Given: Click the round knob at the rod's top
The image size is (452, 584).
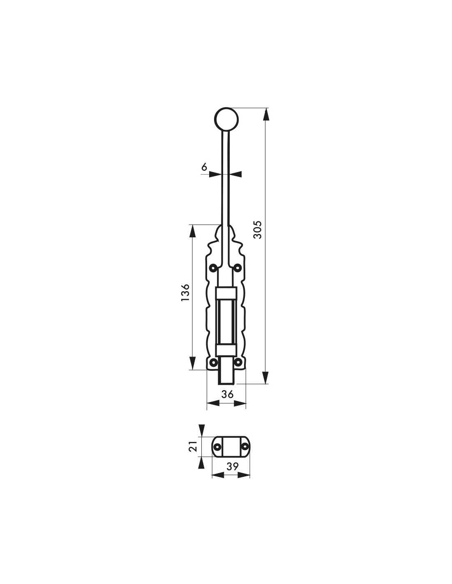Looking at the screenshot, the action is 226,120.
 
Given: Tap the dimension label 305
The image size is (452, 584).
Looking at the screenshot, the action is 257,230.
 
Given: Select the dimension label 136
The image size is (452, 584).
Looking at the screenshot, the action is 185,292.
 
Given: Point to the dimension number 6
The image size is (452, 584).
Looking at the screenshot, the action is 204,167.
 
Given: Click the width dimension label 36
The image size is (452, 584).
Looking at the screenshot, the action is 227,394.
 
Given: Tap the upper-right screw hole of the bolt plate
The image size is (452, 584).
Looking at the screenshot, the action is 238,268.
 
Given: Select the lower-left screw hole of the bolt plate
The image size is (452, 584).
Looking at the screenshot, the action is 214,363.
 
